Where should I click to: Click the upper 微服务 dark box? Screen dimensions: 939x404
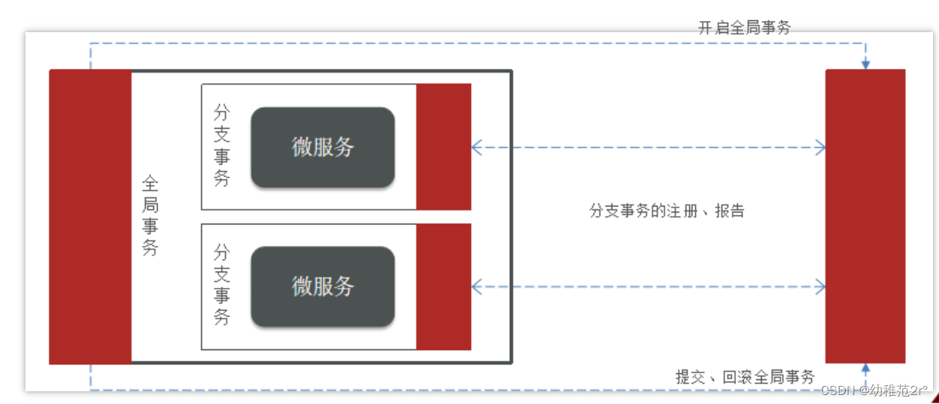point(322,147)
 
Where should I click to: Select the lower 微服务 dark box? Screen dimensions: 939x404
point(322,287)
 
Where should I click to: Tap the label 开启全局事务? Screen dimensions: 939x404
point(744,28)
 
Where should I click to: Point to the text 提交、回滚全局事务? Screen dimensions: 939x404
point(745,377)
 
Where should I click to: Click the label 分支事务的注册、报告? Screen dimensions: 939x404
point(667,211)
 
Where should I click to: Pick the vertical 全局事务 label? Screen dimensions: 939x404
point(150,216)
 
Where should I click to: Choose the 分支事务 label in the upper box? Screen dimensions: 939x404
point(221,146)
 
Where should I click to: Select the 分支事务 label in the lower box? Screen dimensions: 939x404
point(221,284)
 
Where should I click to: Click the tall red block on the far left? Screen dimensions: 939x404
point(90,216)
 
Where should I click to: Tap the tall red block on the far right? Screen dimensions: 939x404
point(865,216)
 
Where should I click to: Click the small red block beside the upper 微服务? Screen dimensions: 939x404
point(443,147)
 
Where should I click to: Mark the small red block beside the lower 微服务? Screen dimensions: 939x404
point(443,287)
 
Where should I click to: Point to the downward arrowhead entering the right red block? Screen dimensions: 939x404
point(866,64)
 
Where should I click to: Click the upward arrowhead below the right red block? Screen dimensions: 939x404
point(866,368)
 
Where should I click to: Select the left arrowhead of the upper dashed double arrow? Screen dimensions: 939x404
point(476,148)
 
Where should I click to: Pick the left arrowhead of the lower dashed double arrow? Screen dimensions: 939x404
point(476,287)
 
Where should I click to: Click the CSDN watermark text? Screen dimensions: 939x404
point(873,391)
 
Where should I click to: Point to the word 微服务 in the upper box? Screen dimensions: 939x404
point(322,147)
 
